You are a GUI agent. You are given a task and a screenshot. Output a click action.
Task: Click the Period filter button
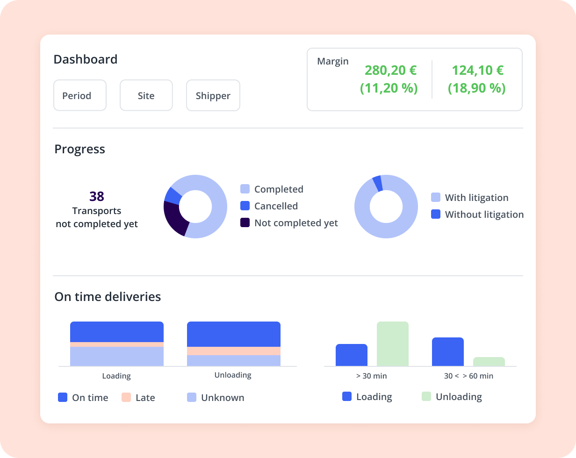(x=80, y=95)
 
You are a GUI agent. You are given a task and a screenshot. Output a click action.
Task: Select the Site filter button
(x=146, y=95)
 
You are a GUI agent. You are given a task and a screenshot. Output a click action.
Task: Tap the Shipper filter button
(x=213, y=95)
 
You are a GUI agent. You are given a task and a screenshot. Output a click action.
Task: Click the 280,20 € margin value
(x=390, y=70)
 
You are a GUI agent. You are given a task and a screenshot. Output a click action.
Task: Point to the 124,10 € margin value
(x=477, y=70)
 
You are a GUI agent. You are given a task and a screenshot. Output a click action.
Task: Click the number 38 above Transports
(x=97, y=196)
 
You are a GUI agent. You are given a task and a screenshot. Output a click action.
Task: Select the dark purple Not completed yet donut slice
(x=173, y=217)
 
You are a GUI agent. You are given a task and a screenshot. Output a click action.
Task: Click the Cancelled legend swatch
(x=245, y=206)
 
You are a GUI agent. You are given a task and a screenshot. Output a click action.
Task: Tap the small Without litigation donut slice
(x=377, y=183)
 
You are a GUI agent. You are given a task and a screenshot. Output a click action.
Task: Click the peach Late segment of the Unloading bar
(x=233, y=351)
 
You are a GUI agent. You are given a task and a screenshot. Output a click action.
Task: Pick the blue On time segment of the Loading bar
(x=116, y=332)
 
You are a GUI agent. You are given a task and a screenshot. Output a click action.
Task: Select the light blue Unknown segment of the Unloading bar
(x=233, y=360)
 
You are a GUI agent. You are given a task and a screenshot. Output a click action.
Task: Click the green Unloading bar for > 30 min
(x=392, y=344)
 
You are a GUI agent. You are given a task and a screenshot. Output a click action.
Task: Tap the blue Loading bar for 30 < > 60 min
(x=447, y=351)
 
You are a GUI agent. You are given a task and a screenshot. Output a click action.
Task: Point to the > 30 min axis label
(x=371, y=376)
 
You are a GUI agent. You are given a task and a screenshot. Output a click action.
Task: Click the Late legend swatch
(x=126, y=397)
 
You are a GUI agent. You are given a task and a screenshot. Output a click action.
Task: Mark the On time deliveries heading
(x=108, y=297)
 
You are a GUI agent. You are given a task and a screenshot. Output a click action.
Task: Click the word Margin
(x=332, y=61)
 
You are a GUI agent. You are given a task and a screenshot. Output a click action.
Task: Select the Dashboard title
(x=85, y=59)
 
